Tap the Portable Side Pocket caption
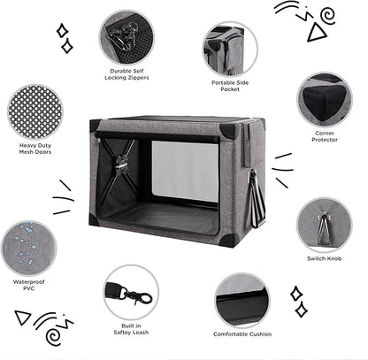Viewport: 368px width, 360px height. coord(229,87)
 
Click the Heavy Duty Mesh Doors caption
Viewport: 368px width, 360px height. coord(34,148)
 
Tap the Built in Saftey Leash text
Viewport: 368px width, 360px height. coord(131,329)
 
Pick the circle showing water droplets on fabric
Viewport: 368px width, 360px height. coord(29,247)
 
